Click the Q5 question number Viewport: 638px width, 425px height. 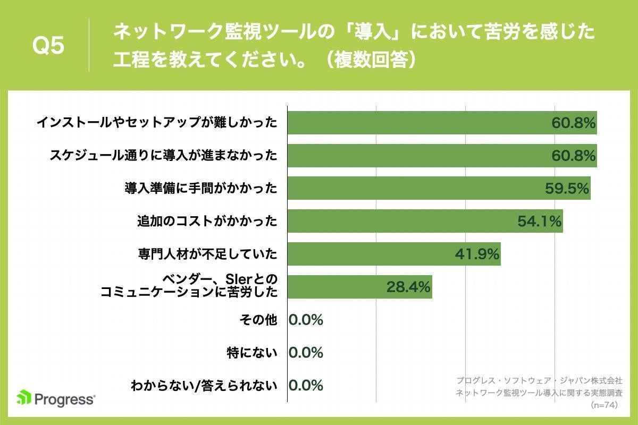click(48, 46)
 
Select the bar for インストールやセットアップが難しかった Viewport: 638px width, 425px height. click(441, 123)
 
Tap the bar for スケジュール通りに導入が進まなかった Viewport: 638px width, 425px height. click(441, 156)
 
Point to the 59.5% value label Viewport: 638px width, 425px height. click(567, 189)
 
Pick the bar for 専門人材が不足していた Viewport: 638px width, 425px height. click(393, 254)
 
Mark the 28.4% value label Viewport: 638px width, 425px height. click(408, 287)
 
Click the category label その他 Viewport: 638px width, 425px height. click(259, 320)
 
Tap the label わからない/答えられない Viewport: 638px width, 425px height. click(204, 386)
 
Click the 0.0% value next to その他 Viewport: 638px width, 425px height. click(306, 320)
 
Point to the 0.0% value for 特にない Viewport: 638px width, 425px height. click(306, 353)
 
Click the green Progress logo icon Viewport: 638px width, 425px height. click(24, 398)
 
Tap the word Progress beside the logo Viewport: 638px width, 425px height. click(65, 398)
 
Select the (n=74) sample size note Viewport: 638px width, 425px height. click(606, 405)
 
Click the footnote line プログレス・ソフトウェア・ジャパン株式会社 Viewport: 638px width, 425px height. click(539, 381)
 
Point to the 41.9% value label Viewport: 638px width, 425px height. click(477, 254)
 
